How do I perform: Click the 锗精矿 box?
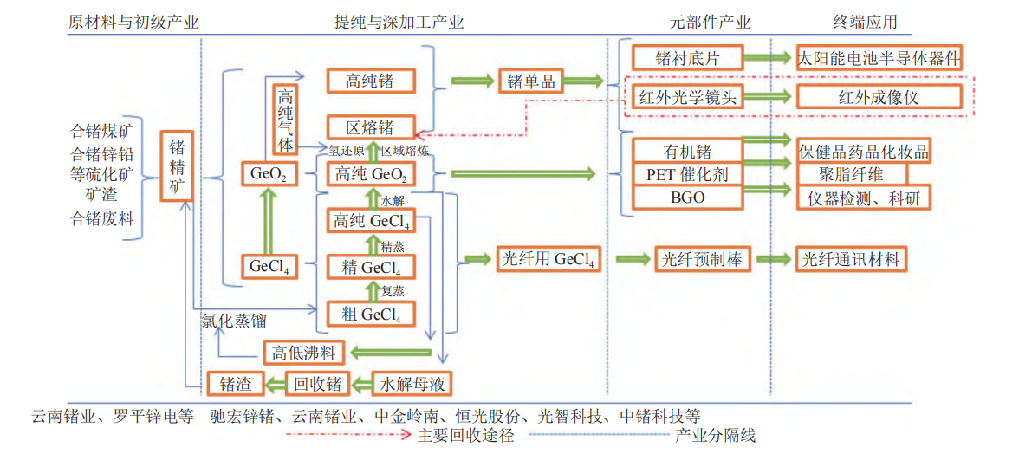pyautogui.click(x=177, y=165)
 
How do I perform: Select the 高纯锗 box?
pyautogui.click(x=370, y=81)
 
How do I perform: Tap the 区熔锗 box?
pyautogui.click(x=370, y=127)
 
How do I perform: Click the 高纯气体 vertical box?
pyautogui.click(x=286, y=120)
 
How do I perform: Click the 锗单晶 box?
pyautogui.click(x=531, y=81)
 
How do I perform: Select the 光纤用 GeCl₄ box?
pyautogui.click(x=548, y=259)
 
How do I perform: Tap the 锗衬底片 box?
pyautogui.click(x=687, y=58)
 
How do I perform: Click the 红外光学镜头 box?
pyautogui.click(x=687, y=96)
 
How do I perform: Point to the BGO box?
pyautogui.click(x=688, y=198)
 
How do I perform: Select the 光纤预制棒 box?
pyautogui.click(x=702, y=259)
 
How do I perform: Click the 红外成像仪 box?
pyautogui.click(x=879, y=96)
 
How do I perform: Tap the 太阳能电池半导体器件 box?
pyautogui.click(x=879, y=58)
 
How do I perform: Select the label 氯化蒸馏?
pyautogui.click(x=234, y=321)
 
